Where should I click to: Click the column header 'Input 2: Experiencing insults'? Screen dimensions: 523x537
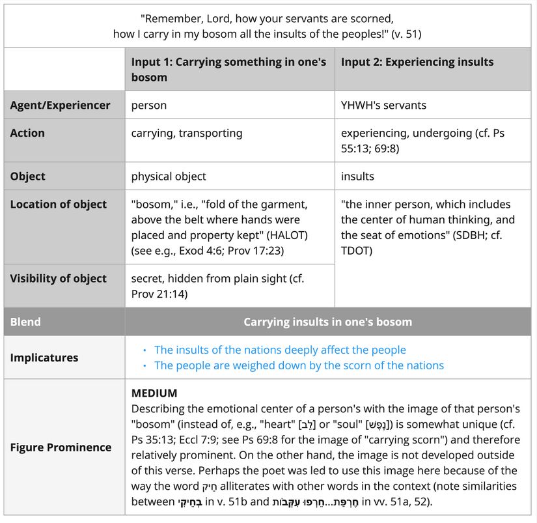(417, 62)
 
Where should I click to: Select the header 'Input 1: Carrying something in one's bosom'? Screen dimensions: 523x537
(228, 70)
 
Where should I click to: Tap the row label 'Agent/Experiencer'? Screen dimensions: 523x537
(60, 105)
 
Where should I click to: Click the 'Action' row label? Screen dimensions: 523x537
(27, 133)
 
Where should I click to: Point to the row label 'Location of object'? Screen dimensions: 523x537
(58, 204)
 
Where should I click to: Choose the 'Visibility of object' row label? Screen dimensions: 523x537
(58, 278)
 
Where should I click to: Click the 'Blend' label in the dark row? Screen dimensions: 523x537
(25, 322)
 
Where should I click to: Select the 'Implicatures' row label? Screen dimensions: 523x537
(44, 358)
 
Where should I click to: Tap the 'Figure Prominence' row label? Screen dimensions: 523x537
(61, 447)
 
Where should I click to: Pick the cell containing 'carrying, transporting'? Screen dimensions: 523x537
(187, 133)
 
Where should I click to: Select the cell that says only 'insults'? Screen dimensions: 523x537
(357, 176)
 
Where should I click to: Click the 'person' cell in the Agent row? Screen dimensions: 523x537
(149, 105)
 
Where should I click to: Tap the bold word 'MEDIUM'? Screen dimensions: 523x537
(154, 393)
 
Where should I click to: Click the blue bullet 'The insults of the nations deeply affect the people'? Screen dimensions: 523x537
(280, 350)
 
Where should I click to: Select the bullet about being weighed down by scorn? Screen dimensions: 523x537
(299, 365)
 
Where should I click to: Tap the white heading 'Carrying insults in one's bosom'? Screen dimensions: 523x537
(327, 322)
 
